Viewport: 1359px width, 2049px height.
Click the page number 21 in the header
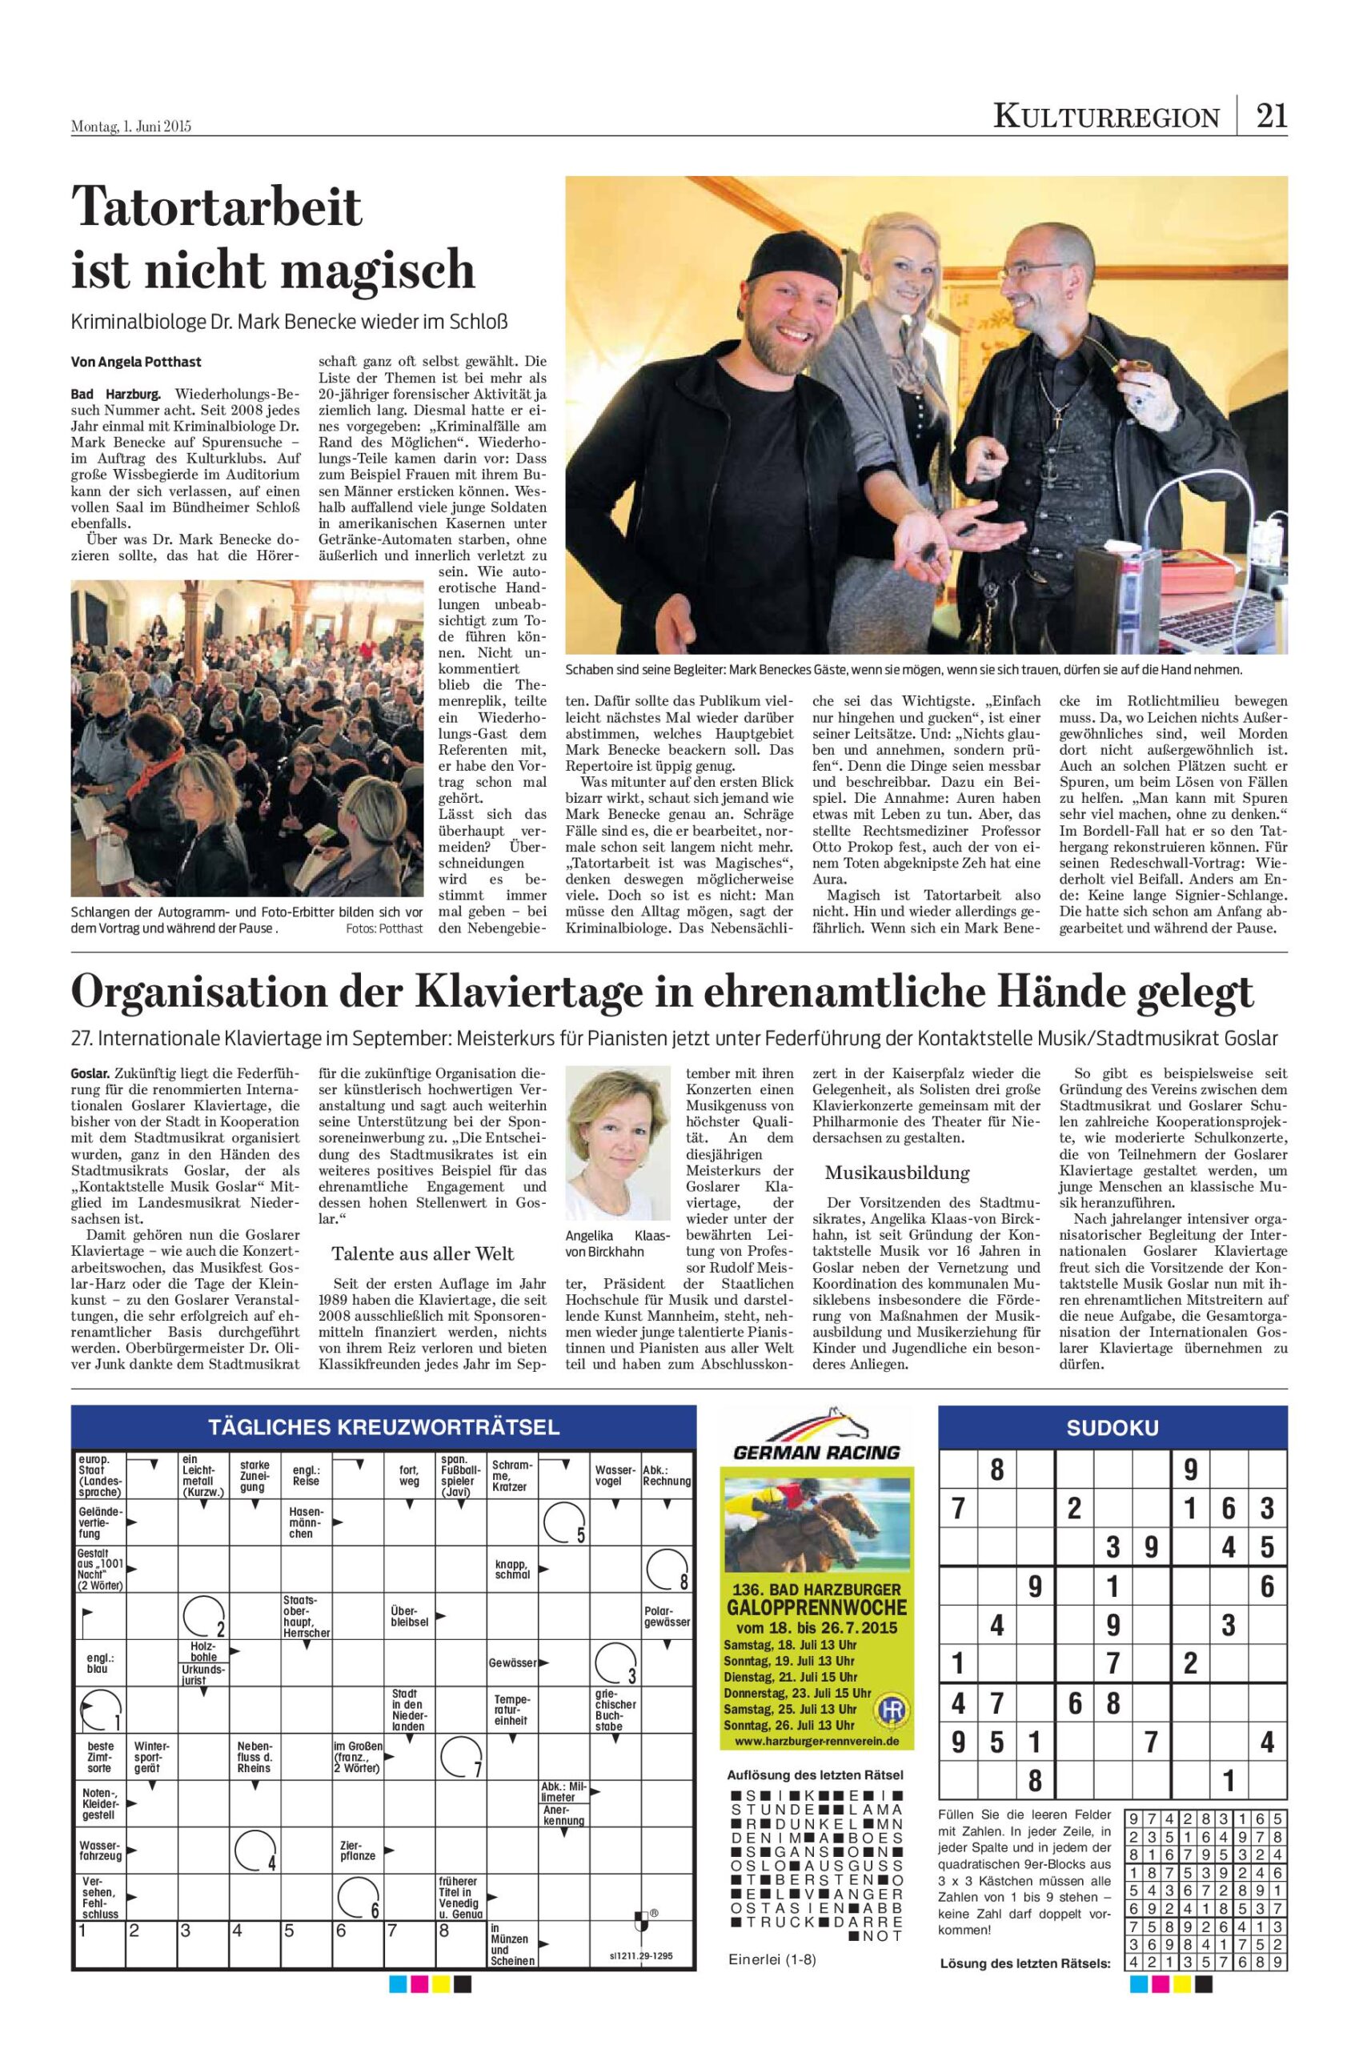[x=1272, y=115]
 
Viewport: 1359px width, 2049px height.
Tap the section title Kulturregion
[x=1106, y=116]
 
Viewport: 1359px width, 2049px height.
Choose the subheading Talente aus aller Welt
[x=423, y=1254]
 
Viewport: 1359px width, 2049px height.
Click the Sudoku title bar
[x=1112, y=1429]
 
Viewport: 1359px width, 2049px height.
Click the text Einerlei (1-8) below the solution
[x=772, y=1959]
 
